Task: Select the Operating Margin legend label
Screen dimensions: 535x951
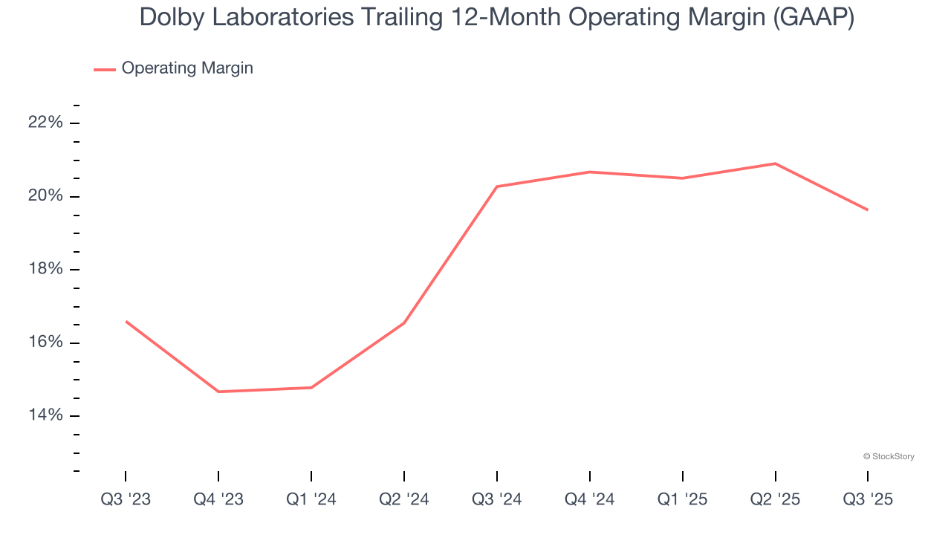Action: tap(187, 68)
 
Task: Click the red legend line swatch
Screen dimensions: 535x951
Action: tap(104, 69)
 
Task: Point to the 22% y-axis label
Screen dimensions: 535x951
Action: tap(45, 123)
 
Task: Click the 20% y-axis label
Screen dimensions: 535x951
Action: tap(45, 196)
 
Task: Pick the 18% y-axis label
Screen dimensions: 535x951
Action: tap(45, 269)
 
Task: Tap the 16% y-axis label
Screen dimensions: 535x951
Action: tap(45, 343)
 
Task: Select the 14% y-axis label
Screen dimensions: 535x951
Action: tap(45, 415)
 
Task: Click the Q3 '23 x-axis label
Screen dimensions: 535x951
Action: tap(126, 499)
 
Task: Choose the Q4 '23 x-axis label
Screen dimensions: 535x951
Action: tap(218, 499)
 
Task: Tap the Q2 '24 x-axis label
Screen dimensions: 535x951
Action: tap(404, 499)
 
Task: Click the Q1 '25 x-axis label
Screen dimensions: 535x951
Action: tap(683, 499)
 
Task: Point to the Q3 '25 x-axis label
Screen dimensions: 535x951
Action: tap(868, 499)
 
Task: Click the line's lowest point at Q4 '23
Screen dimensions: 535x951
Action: tap(218, 392)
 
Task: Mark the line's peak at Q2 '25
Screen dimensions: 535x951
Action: tap(776, 163)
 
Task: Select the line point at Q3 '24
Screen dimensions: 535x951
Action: tap(497, 187)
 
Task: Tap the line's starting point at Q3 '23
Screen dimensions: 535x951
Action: tap(126, 321)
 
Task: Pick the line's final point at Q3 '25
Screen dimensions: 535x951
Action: tap(868, 210)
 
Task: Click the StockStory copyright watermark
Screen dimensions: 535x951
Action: tap(889, 456)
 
